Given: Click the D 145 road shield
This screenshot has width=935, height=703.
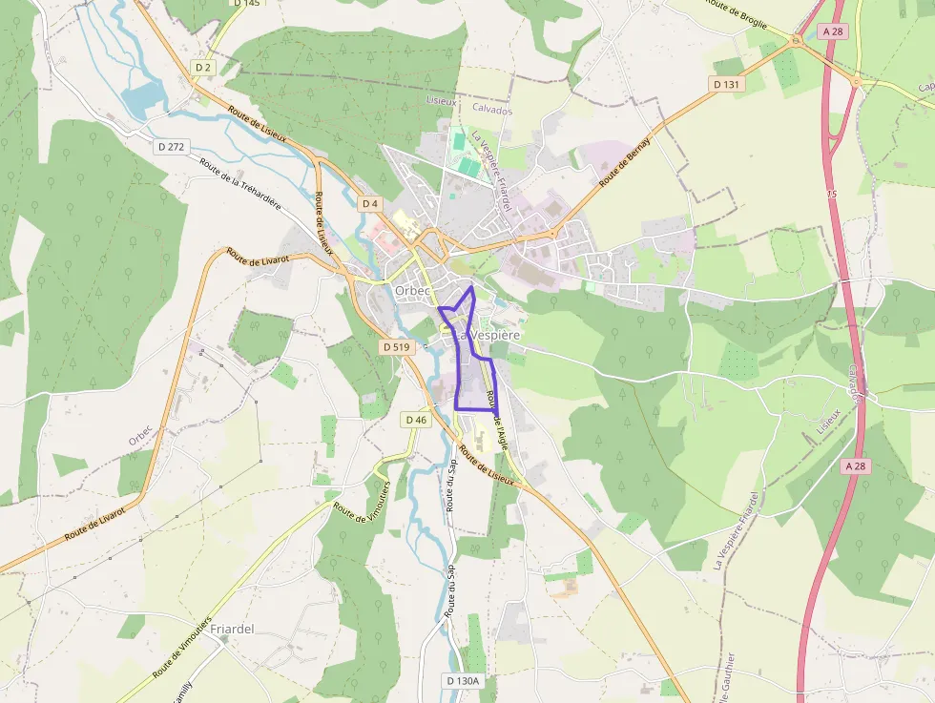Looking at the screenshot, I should tap(245, 3).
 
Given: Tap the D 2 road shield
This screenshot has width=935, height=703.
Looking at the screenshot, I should tap(202, 67).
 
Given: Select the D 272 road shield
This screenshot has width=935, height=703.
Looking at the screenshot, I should tap(173, 146).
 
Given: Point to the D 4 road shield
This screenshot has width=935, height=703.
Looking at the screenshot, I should tap(370, 204).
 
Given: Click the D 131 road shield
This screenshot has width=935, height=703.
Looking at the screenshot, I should tap(726, 84).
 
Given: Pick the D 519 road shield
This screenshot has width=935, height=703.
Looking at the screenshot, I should tap(396, 347).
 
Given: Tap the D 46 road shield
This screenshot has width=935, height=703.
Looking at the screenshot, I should tap(416, 420).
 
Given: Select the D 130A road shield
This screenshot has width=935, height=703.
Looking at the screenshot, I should tap(463, 680).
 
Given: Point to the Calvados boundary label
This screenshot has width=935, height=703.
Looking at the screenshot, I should tap(492, 111).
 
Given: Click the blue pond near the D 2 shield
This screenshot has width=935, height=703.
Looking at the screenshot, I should tap(143, 96).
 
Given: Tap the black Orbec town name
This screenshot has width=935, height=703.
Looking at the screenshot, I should tap(413, 291).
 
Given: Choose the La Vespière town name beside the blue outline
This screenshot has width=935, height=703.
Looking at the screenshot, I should tap(489, 336).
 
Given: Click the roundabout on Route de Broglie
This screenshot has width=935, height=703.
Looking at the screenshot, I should tap(795, 39).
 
